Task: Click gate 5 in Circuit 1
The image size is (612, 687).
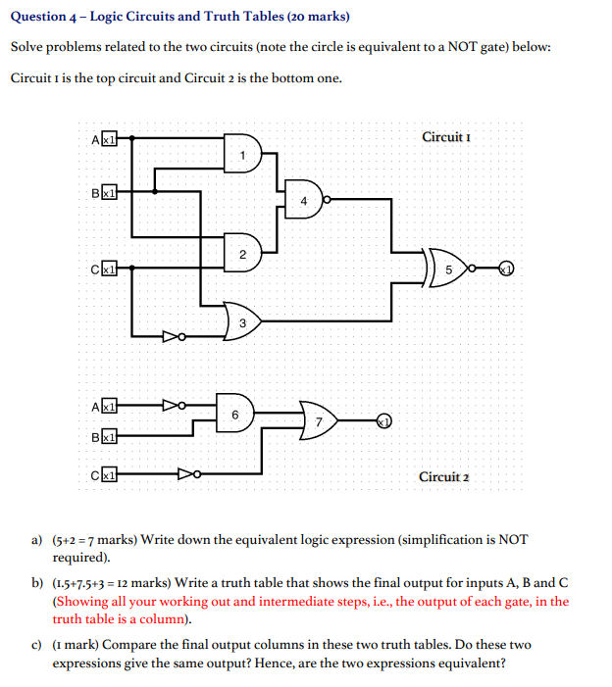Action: click(449, 267)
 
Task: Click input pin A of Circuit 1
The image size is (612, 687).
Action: click(110, 139)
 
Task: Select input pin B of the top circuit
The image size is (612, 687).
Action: click(110, 192)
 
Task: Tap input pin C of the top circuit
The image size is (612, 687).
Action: click(110, 267)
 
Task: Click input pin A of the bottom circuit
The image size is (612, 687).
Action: click(110, 405)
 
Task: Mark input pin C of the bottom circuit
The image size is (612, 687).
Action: click(110, 474)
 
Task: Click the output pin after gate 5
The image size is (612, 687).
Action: click(506, 267)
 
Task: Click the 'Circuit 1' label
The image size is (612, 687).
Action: click(446, 136)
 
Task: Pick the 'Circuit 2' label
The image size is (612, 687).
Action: click(443, 477)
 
